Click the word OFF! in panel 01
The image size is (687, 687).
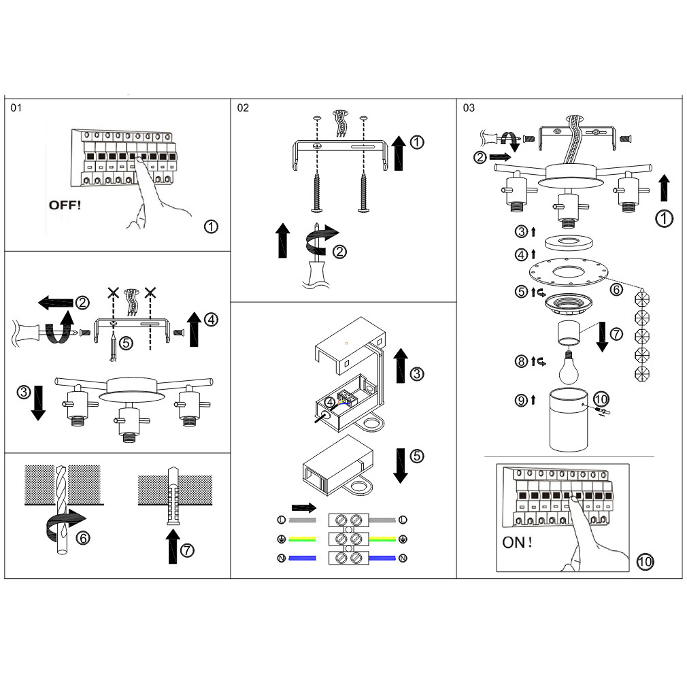pos(65,204)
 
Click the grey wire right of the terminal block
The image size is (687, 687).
pos(383,520)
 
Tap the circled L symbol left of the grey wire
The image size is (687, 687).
pos(281,520)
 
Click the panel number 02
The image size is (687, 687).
pos(243,108)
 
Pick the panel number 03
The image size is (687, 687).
pos(469,108)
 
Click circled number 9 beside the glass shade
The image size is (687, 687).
pos(521,400)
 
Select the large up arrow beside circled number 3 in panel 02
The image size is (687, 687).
pos(399,364)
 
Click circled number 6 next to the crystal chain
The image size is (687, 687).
pos(616,288)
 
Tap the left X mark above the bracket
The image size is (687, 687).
pos(113,293)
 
